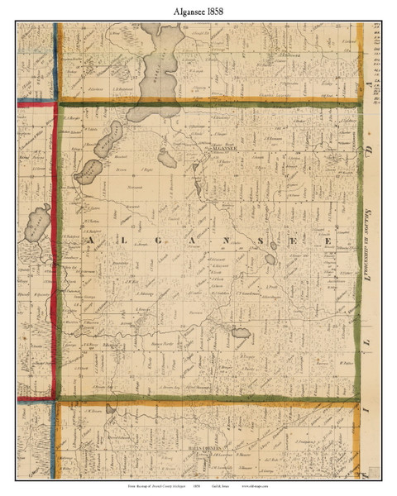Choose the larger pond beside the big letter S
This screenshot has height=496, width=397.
(x=270, y=259)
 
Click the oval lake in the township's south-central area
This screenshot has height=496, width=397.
(x=241, y=334)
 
